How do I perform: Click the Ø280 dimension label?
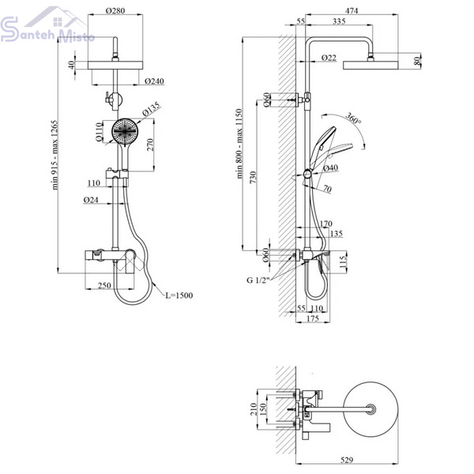click(x=115, y=10)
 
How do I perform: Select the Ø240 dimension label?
click(x=154, y=81)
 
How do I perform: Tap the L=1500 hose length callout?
click(x=179, y=295)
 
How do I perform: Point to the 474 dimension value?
click(x=352, y=10)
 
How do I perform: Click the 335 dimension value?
click(x=339, y=21)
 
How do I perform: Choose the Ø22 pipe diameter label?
click(x=329, y=58)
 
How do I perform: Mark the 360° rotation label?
click(x=353, y=118)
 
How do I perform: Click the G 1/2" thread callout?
click(x=258, y=280)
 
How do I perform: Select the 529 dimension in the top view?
click(x=347, y=460)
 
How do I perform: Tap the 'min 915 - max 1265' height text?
click(x=55, y=155)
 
